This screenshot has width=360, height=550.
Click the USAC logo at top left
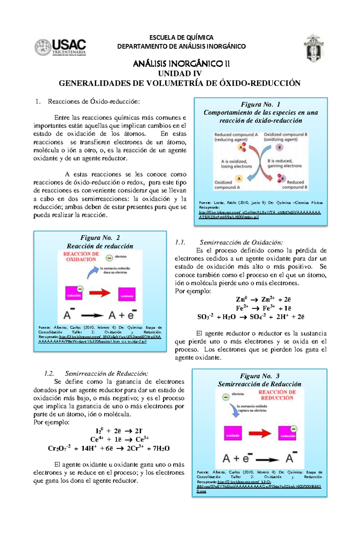61,47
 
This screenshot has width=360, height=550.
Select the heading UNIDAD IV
180,73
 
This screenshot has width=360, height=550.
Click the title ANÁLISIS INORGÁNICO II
181,64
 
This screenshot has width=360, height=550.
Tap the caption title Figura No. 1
260,104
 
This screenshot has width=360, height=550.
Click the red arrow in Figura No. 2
100,293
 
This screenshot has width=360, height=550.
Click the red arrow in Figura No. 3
260,433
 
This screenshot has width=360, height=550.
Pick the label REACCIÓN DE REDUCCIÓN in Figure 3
277,395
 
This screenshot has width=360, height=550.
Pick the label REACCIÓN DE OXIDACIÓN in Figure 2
81,257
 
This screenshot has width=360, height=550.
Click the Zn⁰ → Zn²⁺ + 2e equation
263,299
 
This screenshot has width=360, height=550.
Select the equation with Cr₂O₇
109,448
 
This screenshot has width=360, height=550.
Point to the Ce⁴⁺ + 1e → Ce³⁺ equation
119,439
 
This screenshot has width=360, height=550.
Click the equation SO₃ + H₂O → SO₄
250,317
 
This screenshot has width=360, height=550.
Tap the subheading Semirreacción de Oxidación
241,242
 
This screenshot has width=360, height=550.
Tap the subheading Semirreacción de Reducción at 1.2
106,373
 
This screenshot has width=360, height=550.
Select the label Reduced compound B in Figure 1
295,185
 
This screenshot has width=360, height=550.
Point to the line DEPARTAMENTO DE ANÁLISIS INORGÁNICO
181,46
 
